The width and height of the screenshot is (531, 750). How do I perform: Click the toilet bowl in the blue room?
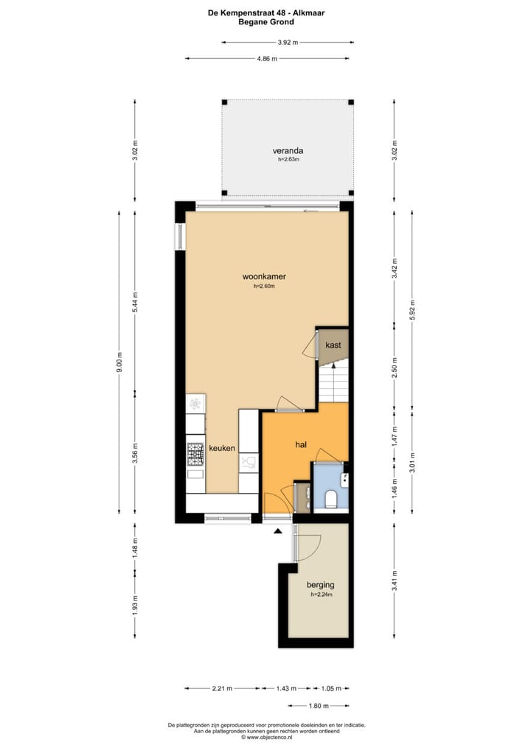(x=331, y=500)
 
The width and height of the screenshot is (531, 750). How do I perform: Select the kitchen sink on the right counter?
(x=249, y=463)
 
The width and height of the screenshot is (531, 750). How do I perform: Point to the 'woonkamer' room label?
(x=264, y=277)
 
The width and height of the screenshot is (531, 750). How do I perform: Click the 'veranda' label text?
(x=287, y=151)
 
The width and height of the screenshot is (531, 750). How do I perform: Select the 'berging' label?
(x=320, y=586)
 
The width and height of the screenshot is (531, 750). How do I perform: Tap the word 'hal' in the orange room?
(x=301, y=445)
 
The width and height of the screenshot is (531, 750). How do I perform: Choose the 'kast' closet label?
(x=333, y=344)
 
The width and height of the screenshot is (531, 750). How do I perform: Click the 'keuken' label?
(x=222, y=448)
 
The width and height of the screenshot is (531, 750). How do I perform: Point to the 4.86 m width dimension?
(x=267, y=59)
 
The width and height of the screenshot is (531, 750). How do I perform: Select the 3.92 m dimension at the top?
(x=288, y=43)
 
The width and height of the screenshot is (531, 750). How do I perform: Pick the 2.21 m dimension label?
(x=221, y=689)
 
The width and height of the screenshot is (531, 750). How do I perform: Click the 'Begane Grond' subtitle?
(x=265, y=22)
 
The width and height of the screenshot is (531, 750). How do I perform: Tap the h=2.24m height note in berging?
(x=321, y=595)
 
